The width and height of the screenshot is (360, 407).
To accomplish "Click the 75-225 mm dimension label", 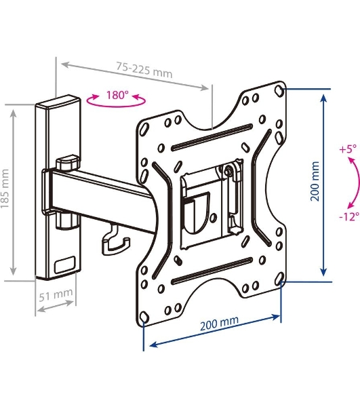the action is pos(144,70).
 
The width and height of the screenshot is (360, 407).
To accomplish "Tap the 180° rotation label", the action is pos(117,95).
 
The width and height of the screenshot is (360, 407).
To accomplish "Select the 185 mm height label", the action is pos(5,189).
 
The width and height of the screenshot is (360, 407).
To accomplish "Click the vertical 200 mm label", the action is pos(315,181).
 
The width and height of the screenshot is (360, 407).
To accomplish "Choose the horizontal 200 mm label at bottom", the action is pos(219,323).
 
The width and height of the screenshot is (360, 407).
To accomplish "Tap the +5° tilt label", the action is pos(348,149).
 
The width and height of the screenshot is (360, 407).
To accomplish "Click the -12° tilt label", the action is pos(349,216).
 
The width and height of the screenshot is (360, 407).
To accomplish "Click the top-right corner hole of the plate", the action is pos(279,91).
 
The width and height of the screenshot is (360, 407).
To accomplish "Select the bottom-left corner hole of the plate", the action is pos(144,317).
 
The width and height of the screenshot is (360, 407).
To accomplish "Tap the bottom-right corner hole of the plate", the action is pos(279,277).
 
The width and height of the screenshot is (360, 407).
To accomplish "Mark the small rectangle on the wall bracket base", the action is pos(65,265).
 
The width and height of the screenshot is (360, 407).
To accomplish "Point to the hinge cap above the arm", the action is pos(67,163).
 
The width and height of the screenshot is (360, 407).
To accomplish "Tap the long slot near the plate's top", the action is pos(212,138).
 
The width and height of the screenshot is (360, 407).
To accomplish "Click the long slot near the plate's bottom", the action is pos(212,271).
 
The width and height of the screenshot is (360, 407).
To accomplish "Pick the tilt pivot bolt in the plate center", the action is pos(228,171).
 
